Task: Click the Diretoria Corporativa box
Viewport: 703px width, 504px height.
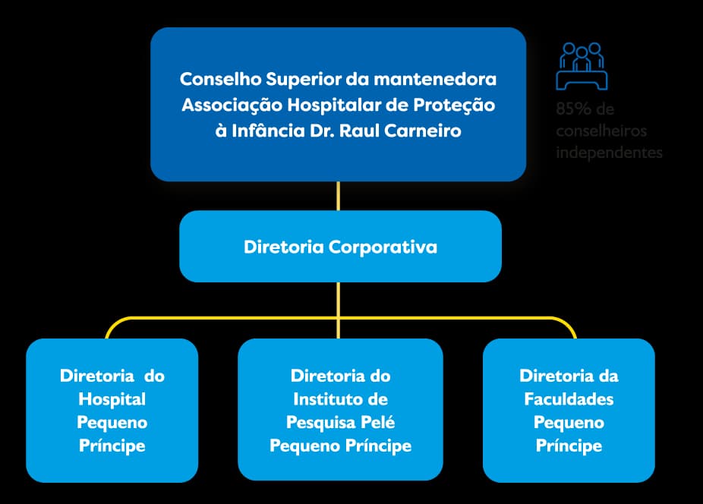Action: point(340,247)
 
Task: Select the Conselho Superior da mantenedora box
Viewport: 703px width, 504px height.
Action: point(338,104)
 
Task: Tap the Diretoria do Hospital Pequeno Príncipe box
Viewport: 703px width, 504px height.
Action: point(112,410)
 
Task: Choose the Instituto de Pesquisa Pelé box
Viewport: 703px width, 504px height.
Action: point(340,410)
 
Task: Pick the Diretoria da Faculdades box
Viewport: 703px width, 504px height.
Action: point(569,410)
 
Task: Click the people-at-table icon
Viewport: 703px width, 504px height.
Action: point(582,66)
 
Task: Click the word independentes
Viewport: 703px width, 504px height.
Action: point(609,152)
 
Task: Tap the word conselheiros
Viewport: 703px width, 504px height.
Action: point(601,131)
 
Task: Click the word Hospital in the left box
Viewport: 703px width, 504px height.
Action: point(112,399)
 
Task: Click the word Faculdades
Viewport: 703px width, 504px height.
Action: point(569,399)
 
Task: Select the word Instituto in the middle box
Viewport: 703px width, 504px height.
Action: point(328,399)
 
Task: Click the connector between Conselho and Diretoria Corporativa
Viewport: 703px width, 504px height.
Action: point(339,196)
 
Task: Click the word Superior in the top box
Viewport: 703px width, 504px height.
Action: point(289,79)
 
